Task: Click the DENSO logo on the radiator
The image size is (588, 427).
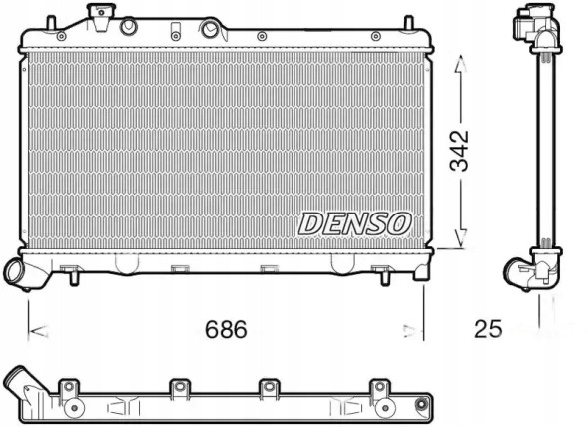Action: pyautogui.click(x=353, y=223)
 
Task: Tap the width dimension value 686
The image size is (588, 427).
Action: pyautogui.click(x=226, y=328)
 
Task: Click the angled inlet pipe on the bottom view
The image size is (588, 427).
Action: pyautogui.click(x=22, y=383)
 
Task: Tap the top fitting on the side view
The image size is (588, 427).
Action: pyautogui.click(x=533, y=23)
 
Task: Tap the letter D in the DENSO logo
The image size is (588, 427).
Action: pyautogui.click(x=310, y=224)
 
